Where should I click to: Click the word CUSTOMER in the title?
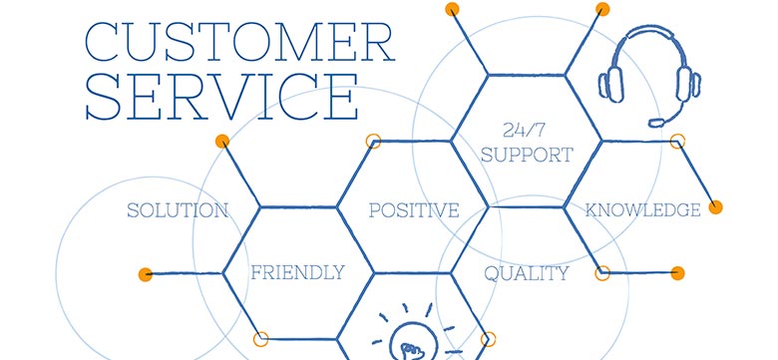point(238,42)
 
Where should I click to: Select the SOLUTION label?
point(178,210)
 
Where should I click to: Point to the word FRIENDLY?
point(297,272)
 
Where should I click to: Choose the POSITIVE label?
point(414,210)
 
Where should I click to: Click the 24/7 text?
point(525,131)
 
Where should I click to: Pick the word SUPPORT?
point(527,155)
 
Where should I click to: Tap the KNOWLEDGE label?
point(642,210)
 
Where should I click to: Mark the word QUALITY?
point(527,273)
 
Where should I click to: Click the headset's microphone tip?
point(655,122)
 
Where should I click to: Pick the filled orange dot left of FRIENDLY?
point(146,273)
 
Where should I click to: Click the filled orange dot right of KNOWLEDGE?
point(715,207)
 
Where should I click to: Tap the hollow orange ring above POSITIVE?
point(374,142)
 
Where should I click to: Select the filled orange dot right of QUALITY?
point(678,272)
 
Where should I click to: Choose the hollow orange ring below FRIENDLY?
point(261,339)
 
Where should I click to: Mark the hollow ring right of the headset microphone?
point(678,141)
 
